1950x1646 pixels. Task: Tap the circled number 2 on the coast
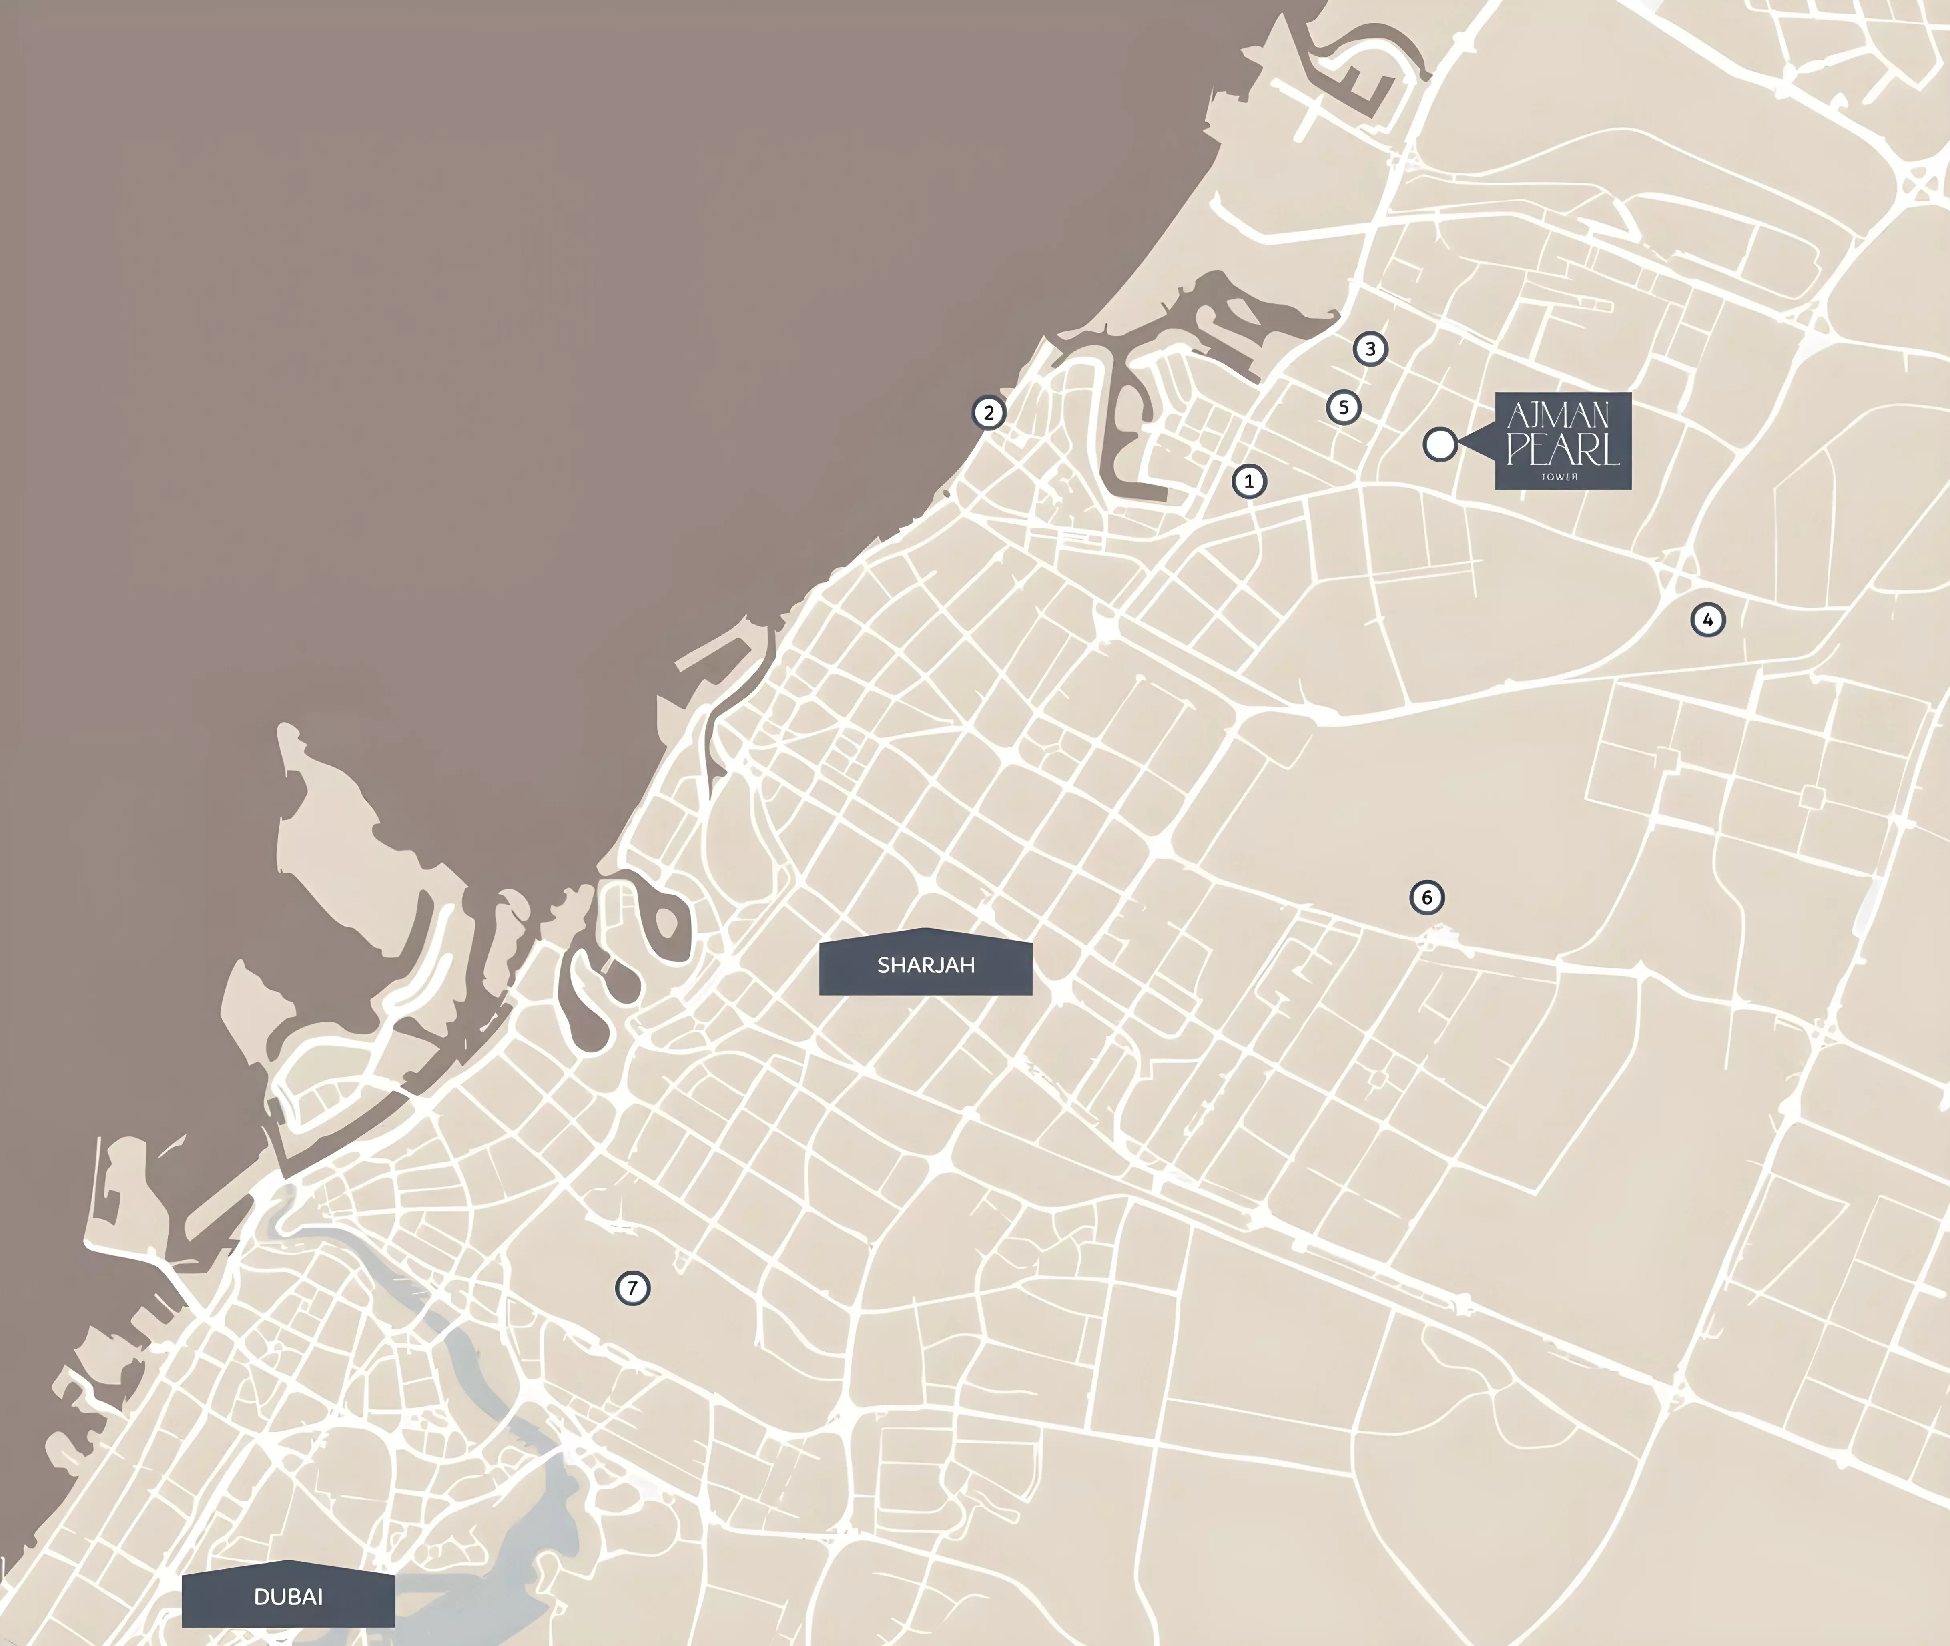(989, 412)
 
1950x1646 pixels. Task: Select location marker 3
(1370, 349)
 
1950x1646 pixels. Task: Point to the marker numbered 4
(1707, 620)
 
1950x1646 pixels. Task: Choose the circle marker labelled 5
(1344, 407)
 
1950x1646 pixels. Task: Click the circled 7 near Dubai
(632, 1289)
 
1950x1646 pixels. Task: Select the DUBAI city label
(288, 1596)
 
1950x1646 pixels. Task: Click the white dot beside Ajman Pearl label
(1440, 444)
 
